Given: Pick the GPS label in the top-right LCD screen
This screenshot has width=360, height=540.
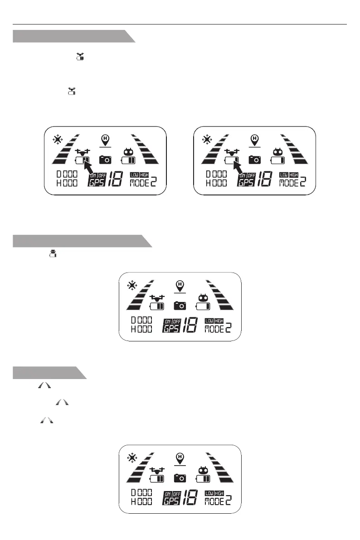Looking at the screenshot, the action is click(246, 183).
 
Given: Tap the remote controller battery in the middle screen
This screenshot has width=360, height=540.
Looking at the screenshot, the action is click(203, 306).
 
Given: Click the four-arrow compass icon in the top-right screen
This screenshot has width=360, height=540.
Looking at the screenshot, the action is click(207, 139).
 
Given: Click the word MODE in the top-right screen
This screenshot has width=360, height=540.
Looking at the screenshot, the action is click(288, 183).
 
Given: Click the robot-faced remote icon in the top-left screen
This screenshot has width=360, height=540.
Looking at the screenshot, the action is click(127, 152).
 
